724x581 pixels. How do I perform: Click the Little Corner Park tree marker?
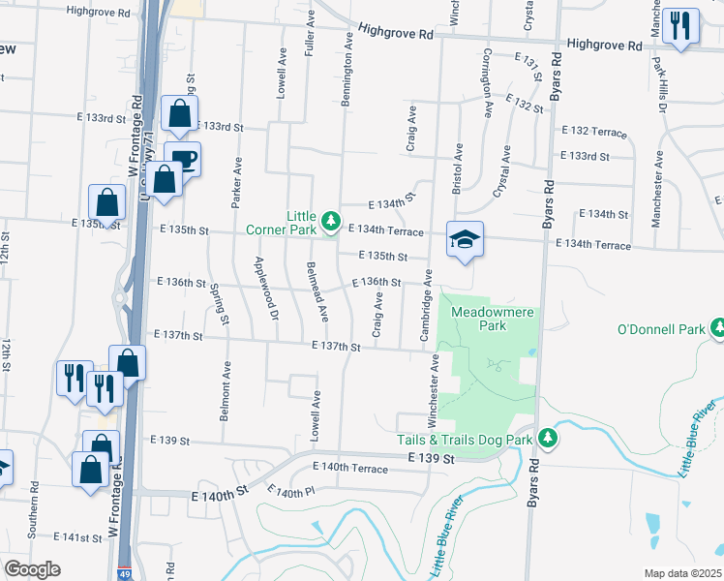point(332,222)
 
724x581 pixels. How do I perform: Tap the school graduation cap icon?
point(465,238)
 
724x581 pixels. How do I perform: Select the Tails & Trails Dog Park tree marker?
point(547,439)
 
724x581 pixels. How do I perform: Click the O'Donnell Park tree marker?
point(717,329)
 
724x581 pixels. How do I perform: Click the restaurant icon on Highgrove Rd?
point(681,26)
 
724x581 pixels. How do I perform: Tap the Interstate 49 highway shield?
point(125,572)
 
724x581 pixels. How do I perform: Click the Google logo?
point(32,569)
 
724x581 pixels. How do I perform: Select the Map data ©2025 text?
point(682,573)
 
